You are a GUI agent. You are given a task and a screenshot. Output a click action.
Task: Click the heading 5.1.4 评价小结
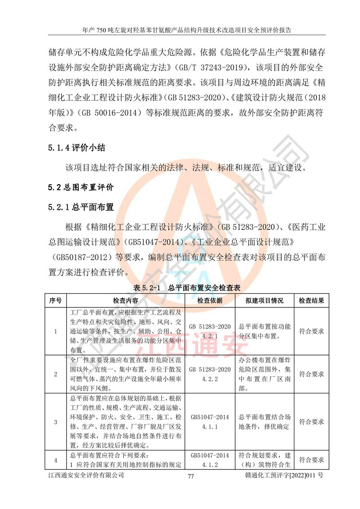(76, 148)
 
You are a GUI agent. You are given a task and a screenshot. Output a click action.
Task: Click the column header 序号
(55, 300)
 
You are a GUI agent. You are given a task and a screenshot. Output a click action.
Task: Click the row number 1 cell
(55, 331)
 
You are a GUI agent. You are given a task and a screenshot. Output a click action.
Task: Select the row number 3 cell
(55, 422)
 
